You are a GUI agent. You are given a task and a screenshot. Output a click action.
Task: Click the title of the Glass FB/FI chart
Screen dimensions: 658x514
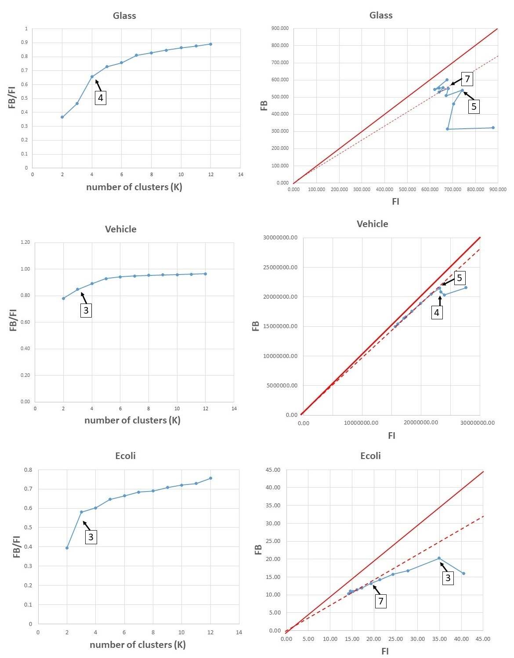(124, 16)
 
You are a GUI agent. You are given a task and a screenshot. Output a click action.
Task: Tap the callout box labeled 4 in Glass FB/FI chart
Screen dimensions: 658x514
(101, 98)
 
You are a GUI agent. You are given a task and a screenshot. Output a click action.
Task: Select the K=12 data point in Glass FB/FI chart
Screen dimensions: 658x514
(211, 44)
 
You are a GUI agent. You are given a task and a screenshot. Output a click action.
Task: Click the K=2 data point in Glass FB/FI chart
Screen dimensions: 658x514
(62, 117)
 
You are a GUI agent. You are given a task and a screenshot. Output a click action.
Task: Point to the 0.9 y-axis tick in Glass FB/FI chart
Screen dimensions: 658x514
(25, 43)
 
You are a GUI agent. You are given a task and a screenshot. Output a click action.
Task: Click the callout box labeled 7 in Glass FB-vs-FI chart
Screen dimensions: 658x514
(467, 79)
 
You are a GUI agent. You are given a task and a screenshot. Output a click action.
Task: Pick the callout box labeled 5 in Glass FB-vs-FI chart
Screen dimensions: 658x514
(474, 106)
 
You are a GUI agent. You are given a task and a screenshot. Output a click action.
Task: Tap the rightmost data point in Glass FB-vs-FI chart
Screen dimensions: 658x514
(493, 128)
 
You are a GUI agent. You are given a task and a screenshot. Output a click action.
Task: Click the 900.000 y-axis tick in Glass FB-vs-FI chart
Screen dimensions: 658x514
(280, 29)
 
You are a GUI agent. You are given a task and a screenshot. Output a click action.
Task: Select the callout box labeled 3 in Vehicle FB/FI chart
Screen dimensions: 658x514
(86, 310)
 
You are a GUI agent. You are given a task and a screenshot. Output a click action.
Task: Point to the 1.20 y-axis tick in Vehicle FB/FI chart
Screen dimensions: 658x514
(25, 242)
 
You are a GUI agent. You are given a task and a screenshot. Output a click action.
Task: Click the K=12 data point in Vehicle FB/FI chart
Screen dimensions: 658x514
(205, 274)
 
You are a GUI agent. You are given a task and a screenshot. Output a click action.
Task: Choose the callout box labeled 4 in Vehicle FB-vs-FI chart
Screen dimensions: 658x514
(437, 312)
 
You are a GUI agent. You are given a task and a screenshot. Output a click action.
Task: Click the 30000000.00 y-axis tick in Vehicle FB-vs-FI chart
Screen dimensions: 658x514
(280, 238)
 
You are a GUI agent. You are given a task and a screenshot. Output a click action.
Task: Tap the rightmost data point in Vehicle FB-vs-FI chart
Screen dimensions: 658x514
(466, 288)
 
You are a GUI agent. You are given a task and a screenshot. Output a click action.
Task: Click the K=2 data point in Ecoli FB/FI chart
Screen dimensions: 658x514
(67, 548)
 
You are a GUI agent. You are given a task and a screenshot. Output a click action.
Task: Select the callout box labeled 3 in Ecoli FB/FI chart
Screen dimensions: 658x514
(91, 537)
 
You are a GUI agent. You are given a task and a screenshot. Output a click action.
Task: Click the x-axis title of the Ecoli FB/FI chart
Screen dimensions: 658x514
(138, 645)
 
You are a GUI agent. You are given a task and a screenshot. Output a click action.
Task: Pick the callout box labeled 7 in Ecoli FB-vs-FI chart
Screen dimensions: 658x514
(381, 601)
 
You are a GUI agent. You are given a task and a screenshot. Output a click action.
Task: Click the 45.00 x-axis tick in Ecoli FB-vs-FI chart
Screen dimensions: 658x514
(483, 639)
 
